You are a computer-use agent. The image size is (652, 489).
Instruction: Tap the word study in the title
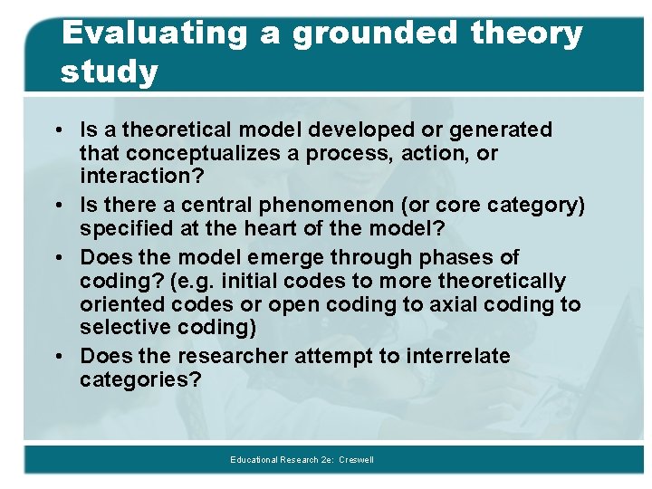tap(109, 71)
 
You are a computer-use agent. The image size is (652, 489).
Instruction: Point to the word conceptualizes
tap(190, 154)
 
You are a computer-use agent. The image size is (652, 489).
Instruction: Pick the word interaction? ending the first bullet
tap(141, 176)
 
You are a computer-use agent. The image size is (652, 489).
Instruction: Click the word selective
tap(120, 328)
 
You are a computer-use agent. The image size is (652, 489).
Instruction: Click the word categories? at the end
tap(140, 380)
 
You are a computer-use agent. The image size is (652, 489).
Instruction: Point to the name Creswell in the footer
tap(357, 460)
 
